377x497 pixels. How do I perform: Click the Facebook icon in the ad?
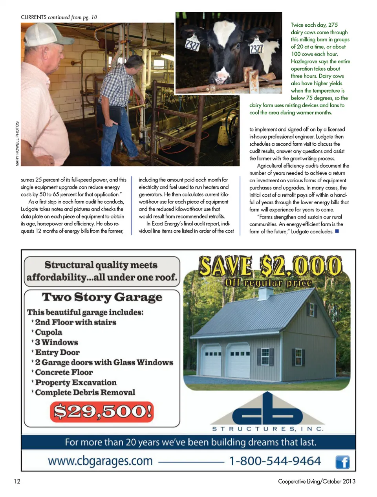click(342, 462)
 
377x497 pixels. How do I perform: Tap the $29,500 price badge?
click(102, 411)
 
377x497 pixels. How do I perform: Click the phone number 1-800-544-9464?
click(275, 461)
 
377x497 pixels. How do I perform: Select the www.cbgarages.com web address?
click(100, 461)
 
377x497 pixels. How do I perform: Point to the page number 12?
click(17, 481)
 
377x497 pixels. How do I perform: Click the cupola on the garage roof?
click(265, 293)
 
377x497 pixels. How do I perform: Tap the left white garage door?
click(211, 359)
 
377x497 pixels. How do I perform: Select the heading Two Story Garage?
click(102, 297)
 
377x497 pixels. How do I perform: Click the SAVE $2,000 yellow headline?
click(270, 266)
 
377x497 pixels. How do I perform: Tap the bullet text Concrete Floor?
click(64, 372)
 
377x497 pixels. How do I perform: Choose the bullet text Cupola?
click(49, 332)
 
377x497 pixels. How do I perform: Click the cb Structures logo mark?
click(267, 411)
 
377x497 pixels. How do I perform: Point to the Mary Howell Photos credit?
click(17, 143)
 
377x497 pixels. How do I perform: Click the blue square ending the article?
click(337, 231)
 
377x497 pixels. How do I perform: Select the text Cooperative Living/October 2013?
click(317, 481)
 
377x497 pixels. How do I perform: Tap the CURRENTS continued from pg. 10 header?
click(59, 17)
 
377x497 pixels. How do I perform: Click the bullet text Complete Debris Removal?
click(85, 392)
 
